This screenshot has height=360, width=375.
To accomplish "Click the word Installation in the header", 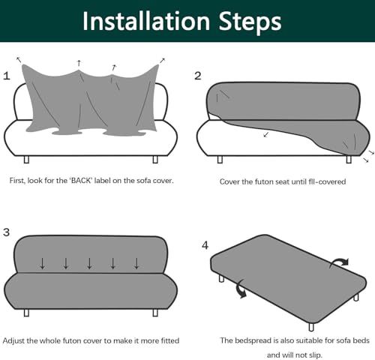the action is click(x=146, y=21).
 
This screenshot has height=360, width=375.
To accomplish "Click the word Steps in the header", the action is click(x=250, y=22).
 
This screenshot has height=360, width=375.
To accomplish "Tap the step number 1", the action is click(x=7, y=76).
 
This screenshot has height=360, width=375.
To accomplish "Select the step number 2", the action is click(x=198, y=76).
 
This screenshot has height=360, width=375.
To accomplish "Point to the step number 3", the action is click(x=6, y=232).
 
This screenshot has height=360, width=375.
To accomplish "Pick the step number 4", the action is click(x=205, y=245).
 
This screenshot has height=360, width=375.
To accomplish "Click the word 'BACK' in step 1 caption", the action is click(x=80, y=181).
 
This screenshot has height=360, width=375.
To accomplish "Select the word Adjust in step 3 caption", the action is click(x=13, y=340).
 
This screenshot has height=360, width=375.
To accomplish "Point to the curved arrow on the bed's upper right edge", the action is click(x=339, y=263).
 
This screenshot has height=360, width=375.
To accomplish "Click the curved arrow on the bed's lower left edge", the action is click(x=241, y=289).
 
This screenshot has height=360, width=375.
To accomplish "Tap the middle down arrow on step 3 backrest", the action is click(x=89, y=263).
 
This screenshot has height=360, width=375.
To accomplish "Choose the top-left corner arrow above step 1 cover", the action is click(x=19, y=60).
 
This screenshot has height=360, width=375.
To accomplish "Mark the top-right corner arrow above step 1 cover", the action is click(x=162, y=61).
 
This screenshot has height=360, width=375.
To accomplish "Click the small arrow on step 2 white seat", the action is click(x=266, y=135).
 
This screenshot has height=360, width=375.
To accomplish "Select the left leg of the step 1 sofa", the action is click(x=26, y=160).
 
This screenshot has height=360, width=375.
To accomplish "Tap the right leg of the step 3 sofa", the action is click(x=155, y=313).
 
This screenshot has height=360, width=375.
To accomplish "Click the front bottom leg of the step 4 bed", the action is click(x=311, y=327).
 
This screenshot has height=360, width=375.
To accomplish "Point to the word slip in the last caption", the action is click(x=316, y=355).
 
